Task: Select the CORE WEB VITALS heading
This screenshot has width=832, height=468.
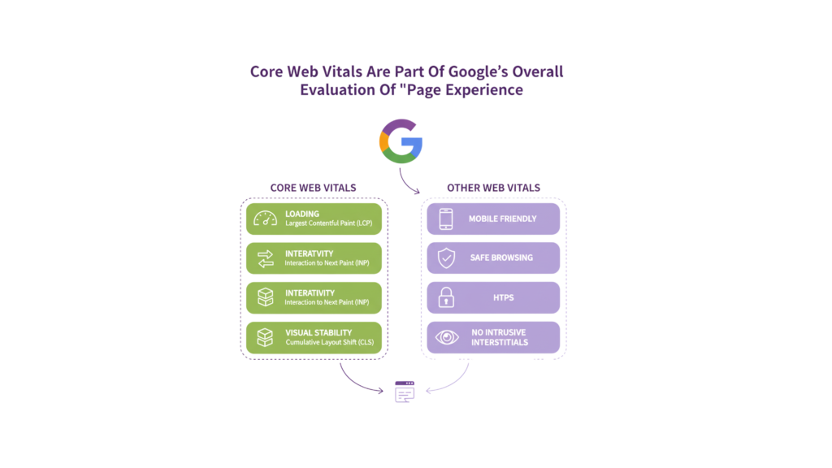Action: click(x=313, y=188)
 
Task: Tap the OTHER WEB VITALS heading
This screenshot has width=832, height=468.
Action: click(x=493, y=188)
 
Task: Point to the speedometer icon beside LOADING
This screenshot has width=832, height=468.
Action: click(x=266, y=219)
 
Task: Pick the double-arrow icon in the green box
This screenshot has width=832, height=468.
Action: click(x=266, y=258)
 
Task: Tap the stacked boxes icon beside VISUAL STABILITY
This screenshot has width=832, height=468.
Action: click(x=266, y=336)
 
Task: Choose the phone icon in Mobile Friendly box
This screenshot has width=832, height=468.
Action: click(x=445, y=219)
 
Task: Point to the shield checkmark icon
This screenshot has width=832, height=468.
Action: click(x=445, y=258)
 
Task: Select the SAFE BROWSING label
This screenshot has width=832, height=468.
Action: click(x=500, y=258)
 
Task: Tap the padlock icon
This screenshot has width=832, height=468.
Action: click(x=445, y=297)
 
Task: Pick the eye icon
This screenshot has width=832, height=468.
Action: click(x=445, y=336)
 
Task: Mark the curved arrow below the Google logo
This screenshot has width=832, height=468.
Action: click(x=407, y=180)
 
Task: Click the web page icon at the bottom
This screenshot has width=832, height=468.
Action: click(x=404, y=390)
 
